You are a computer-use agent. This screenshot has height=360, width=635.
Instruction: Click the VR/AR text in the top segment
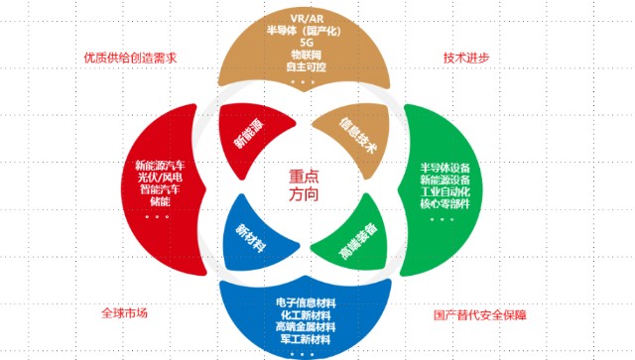click(x=307, y=19)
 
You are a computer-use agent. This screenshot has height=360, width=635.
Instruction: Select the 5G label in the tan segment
click(x=307, y=43)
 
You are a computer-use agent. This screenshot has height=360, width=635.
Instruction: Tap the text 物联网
click(x=307, y=55)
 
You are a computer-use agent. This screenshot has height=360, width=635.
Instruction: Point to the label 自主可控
click(x=307, y=66)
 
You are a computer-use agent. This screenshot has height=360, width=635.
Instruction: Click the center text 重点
click(x=304, y=177)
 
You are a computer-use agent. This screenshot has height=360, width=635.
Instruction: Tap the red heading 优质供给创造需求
click(x=130, y=58)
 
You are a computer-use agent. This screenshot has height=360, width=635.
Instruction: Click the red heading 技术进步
click(x=466, y=58)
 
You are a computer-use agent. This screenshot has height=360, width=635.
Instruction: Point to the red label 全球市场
click(x=124, y=313)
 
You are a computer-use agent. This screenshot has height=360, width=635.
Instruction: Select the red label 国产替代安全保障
click(x=480, y=315)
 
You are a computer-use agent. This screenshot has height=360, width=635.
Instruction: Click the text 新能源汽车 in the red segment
click(x=160, y=166)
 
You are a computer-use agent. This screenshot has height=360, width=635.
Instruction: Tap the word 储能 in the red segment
click(x=160, y=201)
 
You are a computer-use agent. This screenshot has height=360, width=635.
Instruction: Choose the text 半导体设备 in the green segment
click(x=445, y=168)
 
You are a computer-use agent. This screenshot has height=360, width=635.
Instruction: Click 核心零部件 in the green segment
click(x=445, y=203)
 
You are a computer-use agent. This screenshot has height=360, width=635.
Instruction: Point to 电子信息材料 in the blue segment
click(x=306, y=302)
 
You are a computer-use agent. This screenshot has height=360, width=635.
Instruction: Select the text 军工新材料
click(x=306, y=339)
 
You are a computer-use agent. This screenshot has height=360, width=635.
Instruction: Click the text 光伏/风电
click(x=160, y=178)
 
